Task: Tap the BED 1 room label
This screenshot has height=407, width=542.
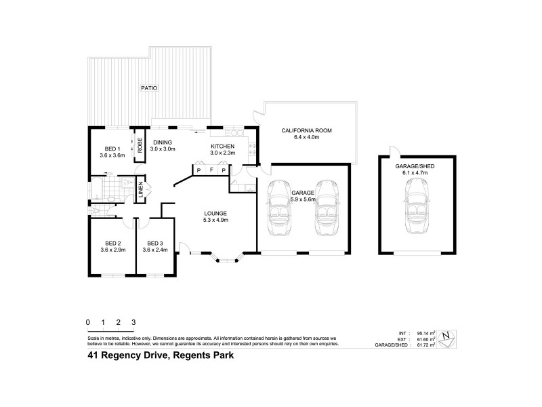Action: (112, 149)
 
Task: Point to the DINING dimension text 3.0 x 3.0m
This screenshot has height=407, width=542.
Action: (163, 149)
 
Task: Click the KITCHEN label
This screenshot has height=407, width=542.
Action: (222, 147)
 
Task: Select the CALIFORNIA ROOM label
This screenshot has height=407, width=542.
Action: (307, 130)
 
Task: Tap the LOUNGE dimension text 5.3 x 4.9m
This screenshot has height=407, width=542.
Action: (216, 220)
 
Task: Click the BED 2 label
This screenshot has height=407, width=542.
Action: (112, 243)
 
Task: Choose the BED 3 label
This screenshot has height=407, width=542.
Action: (155, 243)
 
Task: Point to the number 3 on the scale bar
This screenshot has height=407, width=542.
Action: (134, 322)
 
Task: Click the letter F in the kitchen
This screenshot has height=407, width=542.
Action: (211, 170)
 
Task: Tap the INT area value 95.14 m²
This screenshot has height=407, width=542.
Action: (425, 333)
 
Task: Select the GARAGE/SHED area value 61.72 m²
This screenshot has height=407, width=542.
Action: (425, 345)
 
